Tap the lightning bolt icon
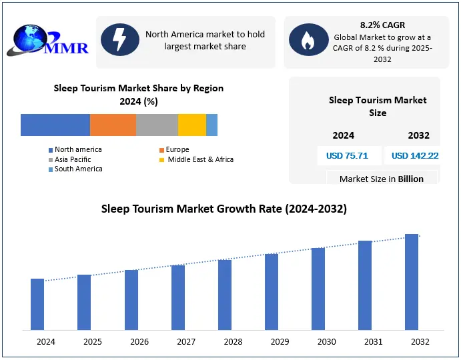[x=120, y=40]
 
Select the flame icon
[x=308, y=40]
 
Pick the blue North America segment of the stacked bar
[x=55, y=125]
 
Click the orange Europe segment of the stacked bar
[x=113, y=125]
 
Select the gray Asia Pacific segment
[x=157, y=125]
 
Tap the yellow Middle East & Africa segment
[x=192, y=125]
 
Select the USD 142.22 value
[x=415, y=156]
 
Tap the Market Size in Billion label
[x=382, y=179]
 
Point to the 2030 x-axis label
[x=327, y=342]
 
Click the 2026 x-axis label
[x=139, y=342]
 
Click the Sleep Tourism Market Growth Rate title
[x=224, y=209]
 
